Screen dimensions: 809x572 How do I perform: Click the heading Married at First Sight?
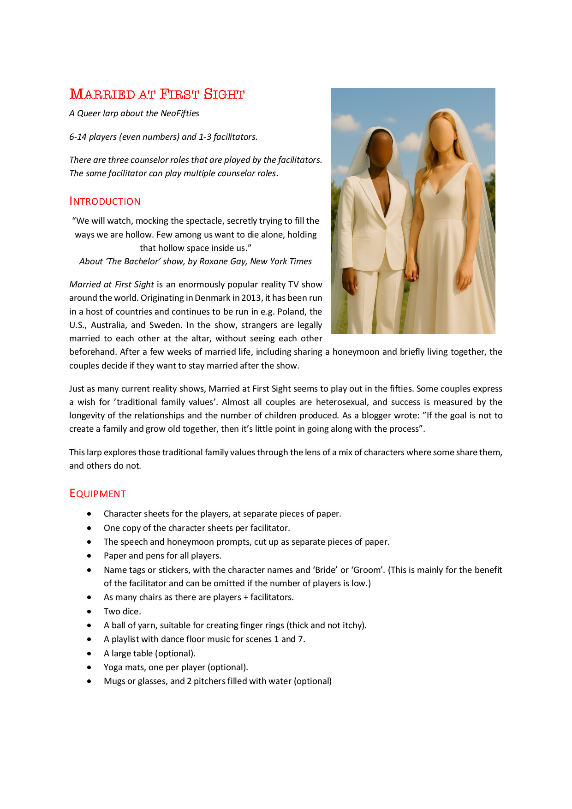[157, 94]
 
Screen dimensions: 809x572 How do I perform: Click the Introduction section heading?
[105, 202]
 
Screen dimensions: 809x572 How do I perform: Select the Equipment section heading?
[97, 494]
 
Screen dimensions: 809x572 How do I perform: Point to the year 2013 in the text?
[251, 298]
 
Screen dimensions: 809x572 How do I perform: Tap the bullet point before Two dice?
[89, 612]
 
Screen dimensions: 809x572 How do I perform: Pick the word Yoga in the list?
[113, 667]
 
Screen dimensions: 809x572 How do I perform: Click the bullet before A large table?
[89, 654]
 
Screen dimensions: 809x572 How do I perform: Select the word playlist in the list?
[128, 639]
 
